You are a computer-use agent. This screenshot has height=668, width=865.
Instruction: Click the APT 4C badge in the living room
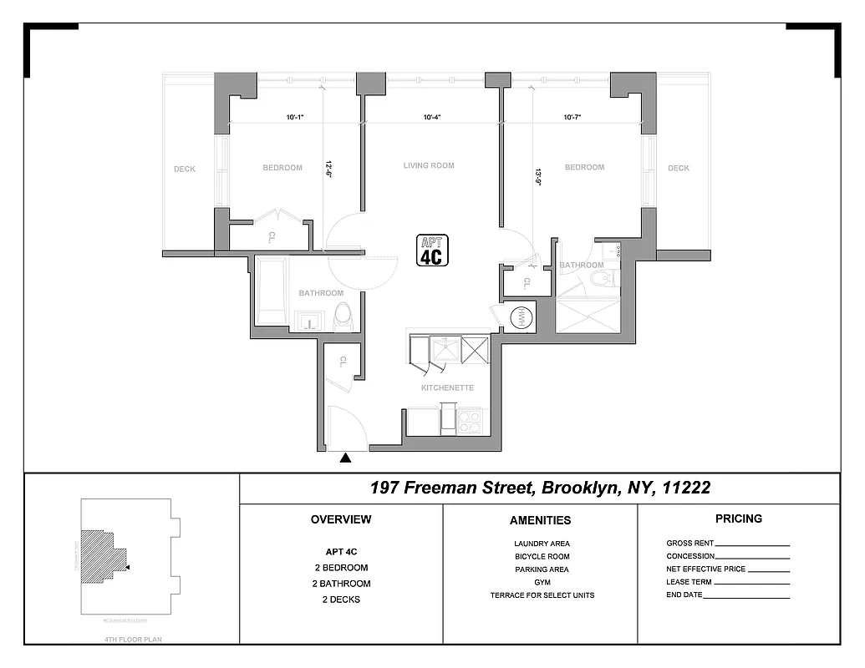(x=432, y=250)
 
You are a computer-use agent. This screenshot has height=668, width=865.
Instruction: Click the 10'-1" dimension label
(x=294, y=118)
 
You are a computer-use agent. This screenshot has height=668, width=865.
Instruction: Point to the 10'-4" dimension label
(x=431, y=118)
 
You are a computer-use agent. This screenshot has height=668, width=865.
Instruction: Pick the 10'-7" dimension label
(x=572, y=118)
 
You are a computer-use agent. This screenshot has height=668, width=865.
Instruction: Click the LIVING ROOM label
(x=429, y=165)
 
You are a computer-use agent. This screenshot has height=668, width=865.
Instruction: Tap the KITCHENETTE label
(x=447, y=388)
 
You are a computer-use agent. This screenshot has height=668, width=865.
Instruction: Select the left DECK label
(x=185, y=169)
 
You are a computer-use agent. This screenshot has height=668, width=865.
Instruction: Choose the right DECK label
(x=679, y=168)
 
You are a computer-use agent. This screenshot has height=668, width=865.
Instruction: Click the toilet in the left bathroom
(x=343, y=316)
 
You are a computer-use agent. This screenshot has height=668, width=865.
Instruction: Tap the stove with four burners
(x=471, y=421)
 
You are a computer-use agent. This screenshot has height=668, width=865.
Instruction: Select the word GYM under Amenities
(x=542, y=582)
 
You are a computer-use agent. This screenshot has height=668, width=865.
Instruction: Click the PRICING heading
(x=739, y=519)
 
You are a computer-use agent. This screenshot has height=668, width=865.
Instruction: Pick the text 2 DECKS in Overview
(x=340, y=600)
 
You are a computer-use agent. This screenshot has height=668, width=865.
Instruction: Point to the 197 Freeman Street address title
(x=540, y=488)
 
